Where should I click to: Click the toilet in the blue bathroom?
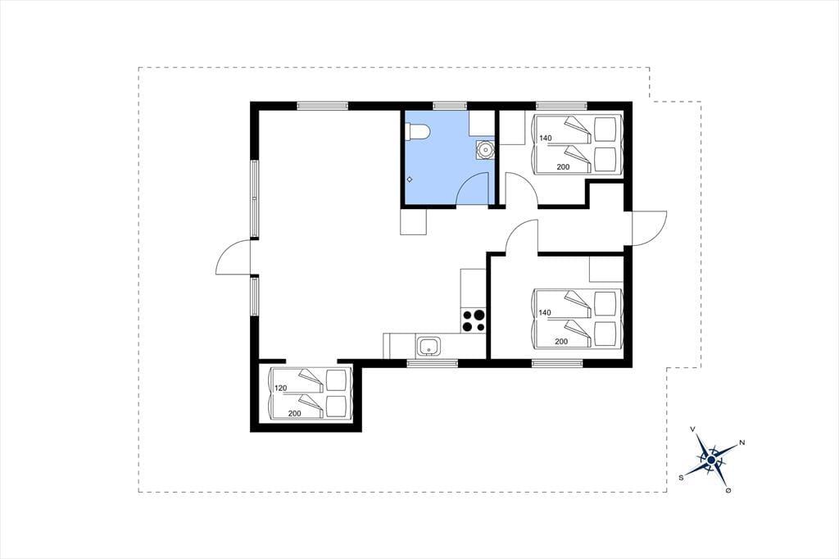tap(416, 131)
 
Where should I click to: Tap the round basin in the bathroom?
tap(485, 150)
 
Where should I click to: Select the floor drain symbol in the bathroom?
tap(410, 180)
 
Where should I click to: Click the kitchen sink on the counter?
tap(429, 346)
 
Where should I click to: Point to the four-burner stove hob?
tap(473, 320)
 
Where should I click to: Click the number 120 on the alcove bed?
tap(281, 388)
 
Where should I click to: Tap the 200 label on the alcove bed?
tap(294, 413)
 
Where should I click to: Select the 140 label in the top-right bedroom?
tap(545, 139)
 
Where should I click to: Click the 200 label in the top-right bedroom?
tap(563, 167)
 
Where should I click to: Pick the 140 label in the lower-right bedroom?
tap(545, 313)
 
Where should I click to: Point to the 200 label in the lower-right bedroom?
tap(561, 342)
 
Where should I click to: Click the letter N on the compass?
tap(741, 443)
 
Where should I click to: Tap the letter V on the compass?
tap(693, 429)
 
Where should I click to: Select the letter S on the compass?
tap(681, 478)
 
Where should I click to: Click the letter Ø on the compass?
tap(728, 490)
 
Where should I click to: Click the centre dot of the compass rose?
tap(711, 459)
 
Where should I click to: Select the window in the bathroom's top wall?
tap(450, 106)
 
